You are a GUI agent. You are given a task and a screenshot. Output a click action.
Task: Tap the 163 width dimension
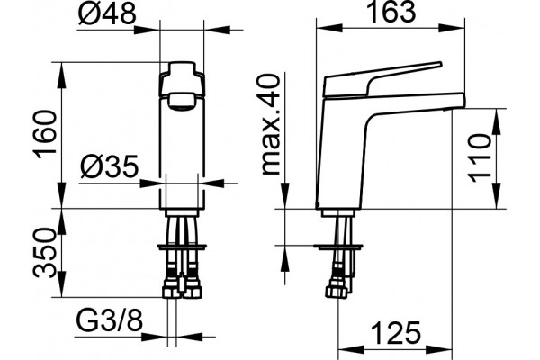[x=391, y=12]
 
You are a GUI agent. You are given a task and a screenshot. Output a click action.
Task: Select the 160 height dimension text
[x=45, y=134]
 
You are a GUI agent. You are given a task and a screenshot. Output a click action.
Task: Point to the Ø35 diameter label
[x=110, y=167]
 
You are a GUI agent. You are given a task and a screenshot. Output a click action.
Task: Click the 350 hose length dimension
[x=44, y=253]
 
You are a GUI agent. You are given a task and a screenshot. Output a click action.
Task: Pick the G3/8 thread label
[x=109, y=321]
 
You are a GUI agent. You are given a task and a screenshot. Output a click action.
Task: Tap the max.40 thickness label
[x=271, y=124]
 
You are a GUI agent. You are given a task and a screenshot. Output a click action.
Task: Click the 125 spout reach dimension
[x=396, y=333]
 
